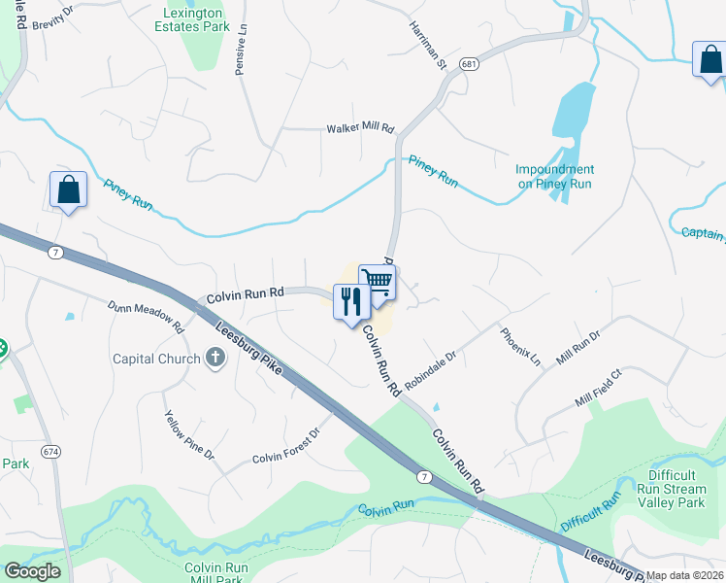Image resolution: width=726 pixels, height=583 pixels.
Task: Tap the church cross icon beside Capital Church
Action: pos(216,359)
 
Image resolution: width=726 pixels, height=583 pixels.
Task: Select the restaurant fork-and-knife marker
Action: pos(350,301)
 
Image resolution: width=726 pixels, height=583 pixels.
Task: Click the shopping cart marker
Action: pos(377,283)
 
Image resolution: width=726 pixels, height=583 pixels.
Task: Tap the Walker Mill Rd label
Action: pos(360,128)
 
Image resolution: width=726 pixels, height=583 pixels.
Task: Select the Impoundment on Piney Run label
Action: pos(554,176)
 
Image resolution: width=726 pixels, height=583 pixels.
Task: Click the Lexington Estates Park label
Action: pos(197,18)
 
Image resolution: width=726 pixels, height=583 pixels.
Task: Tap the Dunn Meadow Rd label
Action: pos(146,317)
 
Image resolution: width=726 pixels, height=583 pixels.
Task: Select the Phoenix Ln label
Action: pos(520,347)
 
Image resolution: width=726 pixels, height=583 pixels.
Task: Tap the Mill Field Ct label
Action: pos(598,388)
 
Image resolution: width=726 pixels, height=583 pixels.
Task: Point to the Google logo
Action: pos(32,571)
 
